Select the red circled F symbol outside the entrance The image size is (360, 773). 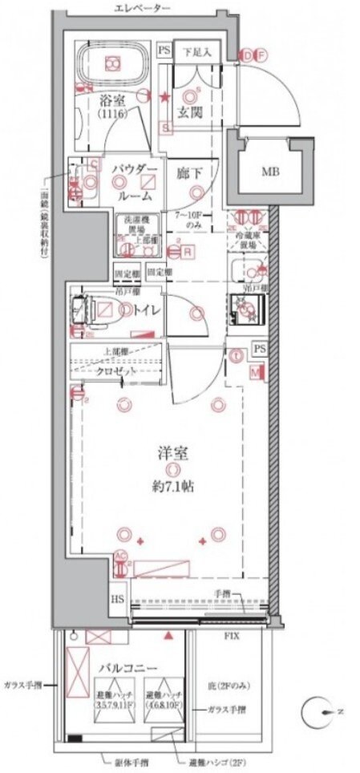tap(260, 55)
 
